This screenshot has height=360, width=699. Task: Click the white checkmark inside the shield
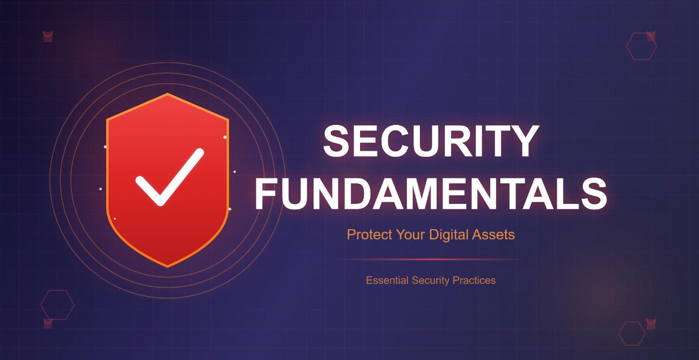(168, 177)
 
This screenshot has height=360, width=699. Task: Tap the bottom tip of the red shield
(168, 266)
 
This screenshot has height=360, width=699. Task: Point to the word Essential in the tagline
(387, 281)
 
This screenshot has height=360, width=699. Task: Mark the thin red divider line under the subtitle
(431, 259)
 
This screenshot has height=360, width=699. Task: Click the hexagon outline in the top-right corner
(641, 46)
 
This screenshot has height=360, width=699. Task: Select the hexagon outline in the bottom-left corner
(57, 304)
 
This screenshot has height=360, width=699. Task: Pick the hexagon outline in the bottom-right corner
(632, 333)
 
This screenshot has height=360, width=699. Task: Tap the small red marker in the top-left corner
(48, 36)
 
